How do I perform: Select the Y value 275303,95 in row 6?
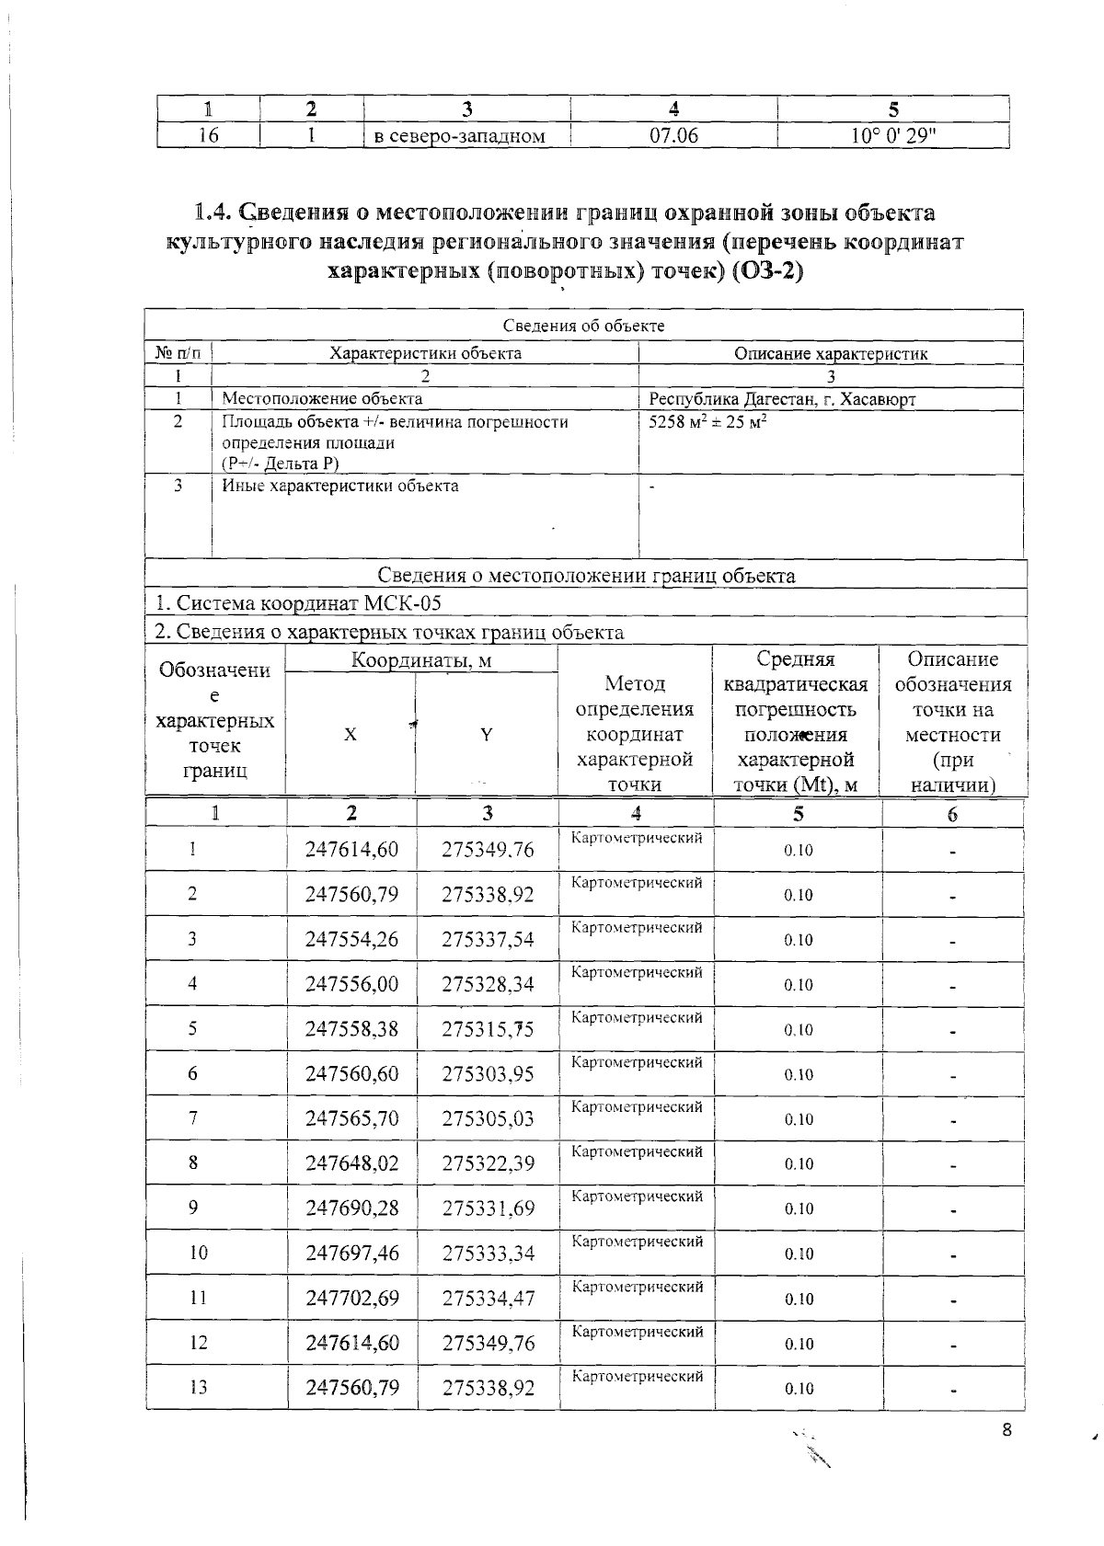488,1073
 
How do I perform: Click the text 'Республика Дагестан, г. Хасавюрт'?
782,399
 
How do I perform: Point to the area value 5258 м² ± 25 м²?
708,422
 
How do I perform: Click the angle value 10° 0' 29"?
892,136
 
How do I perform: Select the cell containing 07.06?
673,136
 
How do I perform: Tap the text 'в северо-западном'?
459,137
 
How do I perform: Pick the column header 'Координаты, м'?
421,660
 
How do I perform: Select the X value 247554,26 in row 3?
351,939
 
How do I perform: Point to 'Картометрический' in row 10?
638,1241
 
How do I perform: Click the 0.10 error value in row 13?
798,1389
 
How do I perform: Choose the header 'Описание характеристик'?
830,353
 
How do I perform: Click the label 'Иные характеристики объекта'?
340,486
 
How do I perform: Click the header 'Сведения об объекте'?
583,326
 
